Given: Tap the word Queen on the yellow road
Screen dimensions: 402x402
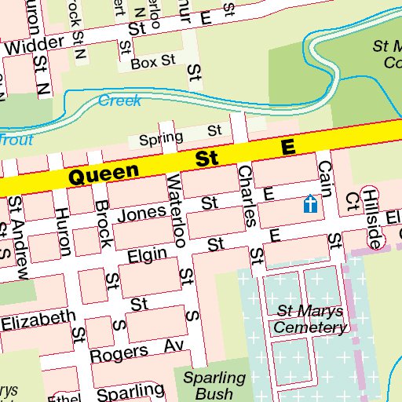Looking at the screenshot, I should pyautogui.click(x=103, y=174).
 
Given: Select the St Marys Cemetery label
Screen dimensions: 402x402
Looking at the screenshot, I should pyautogui.click(x=311, y=319).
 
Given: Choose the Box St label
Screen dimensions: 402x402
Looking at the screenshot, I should pyautogui.click(x=154, y=62).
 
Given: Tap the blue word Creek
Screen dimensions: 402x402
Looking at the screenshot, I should pyautogui.click(x=119, y=100).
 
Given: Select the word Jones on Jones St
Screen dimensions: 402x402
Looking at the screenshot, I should pyautogui.click(x=141, y=212).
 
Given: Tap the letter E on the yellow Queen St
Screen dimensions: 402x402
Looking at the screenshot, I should pyautogui.click(x=287, y=148).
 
